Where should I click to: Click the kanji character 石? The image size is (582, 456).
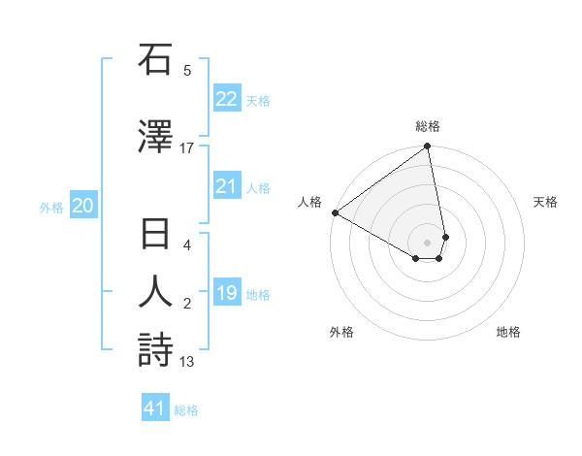(155, 61)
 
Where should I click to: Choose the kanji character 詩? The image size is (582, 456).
(155, 349)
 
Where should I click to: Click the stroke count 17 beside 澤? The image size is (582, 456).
(187, 148)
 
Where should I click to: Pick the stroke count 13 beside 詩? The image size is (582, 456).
(187, 362)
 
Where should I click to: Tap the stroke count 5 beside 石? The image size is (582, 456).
(187, 71)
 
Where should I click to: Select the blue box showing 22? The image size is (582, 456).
(226, 99)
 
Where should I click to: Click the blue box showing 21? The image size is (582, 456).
(226, 187)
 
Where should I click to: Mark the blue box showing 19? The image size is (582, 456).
(226, 294)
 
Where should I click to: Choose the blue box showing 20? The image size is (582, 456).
(83, 206)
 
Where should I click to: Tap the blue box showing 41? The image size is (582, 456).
(155, 408)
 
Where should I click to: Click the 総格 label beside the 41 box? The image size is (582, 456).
(186, 410)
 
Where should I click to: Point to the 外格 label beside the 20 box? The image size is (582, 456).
(51, 207)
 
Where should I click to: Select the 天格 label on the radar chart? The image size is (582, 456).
(545, 202)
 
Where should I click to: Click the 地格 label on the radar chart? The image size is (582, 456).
(508, 332)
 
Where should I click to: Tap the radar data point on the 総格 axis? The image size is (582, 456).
(427, 147)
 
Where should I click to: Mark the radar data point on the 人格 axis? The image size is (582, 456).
(335, 212)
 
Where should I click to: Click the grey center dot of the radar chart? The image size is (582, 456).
(427, 242)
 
